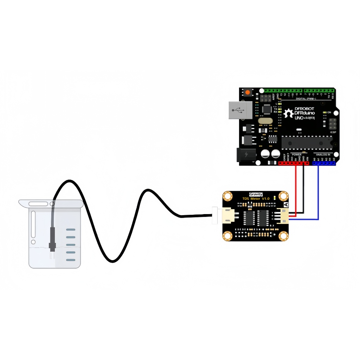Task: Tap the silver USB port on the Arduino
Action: click(240, 111)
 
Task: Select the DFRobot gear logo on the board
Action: click(289, 113)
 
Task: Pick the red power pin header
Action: click(294, 163)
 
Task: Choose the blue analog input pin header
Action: click(324, 163)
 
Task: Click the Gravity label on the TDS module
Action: click(256, 194)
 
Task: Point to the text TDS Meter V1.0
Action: click(256, 199)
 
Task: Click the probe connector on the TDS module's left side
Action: click(227, 215)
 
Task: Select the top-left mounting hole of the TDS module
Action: click(228, 196)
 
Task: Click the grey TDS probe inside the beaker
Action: click(52, 236)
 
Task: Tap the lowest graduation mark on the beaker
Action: click(71, 260)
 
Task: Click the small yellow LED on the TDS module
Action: click(274, 199)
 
